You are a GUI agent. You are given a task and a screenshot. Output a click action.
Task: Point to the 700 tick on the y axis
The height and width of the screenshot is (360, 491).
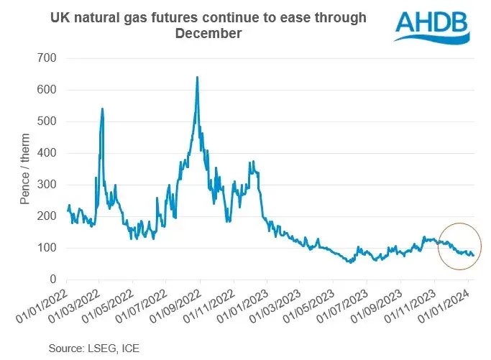50,58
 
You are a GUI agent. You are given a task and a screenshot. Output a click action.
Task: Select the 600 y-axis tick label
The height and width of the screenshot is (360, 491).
50,90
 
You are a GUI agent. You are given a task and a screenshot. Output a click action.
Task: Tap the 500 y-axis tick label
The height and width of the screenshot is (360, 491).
50,121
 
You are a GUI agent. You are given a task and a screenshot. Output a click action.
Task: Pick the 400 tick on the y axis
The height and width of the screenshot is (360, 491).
50,153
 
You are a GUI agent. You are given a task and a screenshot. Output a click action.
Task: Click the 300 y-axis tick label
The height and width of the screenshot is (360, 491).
50,185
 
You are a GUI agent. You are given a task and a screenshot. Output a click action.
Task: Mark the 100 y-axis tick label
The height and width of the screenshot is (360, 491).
50,248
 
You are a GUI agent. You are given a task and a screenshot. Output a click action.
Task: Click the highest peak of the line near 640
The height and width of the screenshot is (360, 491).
197,77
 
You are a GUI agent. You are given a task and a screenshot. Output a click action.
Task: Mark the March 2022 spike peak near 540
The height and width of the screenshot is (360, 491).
102,109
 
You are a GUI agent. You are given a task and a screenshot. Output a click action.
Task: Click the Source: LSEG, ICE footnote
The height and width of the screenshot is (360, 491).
94,348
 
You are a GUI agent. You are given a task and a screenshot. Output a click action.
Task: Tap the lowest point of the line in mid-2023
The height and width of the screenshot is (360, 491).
350,262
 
